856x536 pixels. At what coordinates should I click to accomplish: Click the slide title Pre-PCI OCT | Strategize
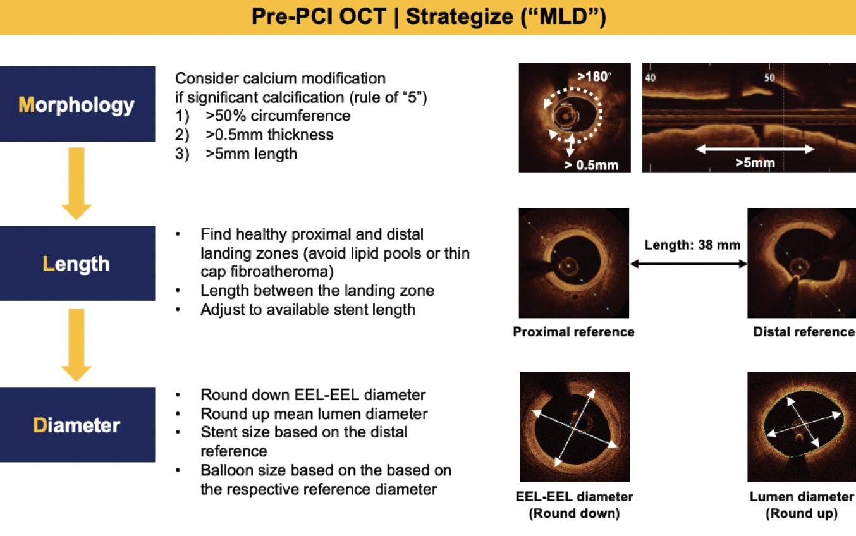[x=429, y=17]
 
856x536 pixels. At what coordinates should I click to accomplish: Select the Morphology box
[x=77, y=104]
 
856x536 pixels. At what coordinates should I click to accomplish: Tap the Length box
[x=77, y=264]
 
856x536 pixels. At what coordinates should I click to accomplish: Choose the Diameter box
[x=77, y=425]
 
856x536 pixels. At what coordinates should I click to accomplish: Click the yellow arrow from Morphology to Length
[x=76, y=183]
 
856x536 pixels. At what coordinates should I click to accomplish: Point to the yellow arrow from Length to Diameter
[x=76, y=345]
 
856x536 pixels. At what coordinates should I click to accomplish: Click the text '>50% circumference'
[x=278, y=116]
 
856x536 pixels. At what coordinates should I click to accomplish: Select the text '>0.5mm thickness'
[x=269, y=135]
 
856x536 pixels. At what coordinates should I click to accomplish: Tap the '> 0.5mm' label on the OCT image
[x=592, y=165]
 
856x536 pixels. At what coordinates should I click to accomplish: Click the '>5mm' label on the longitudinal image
[x=755, y=163]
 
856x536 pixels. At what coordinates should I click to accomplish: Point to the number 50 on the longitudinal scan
[x=769, y=78]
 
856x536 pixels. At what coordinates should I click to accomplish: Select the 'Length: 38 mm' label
[x=692, y=245]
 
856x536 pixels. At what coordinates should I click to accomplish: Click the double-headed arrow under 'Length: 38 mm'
[x=689, y=265]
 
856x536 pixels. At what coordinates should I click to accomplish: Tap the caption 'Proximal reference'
[x=573, y=332]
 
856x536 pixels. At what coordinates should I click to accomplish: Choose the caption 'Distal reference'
[x=804, y=332]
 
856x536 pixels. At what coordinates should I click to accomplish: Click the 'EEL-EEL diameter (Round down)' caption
[x=574, y=505]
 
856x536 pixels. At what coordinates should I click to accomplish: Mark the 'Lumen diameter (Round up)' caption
[x=802, y=505]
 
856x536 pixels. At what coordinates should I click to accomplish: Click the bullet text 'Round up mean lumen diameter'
[x=314, y=414]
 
